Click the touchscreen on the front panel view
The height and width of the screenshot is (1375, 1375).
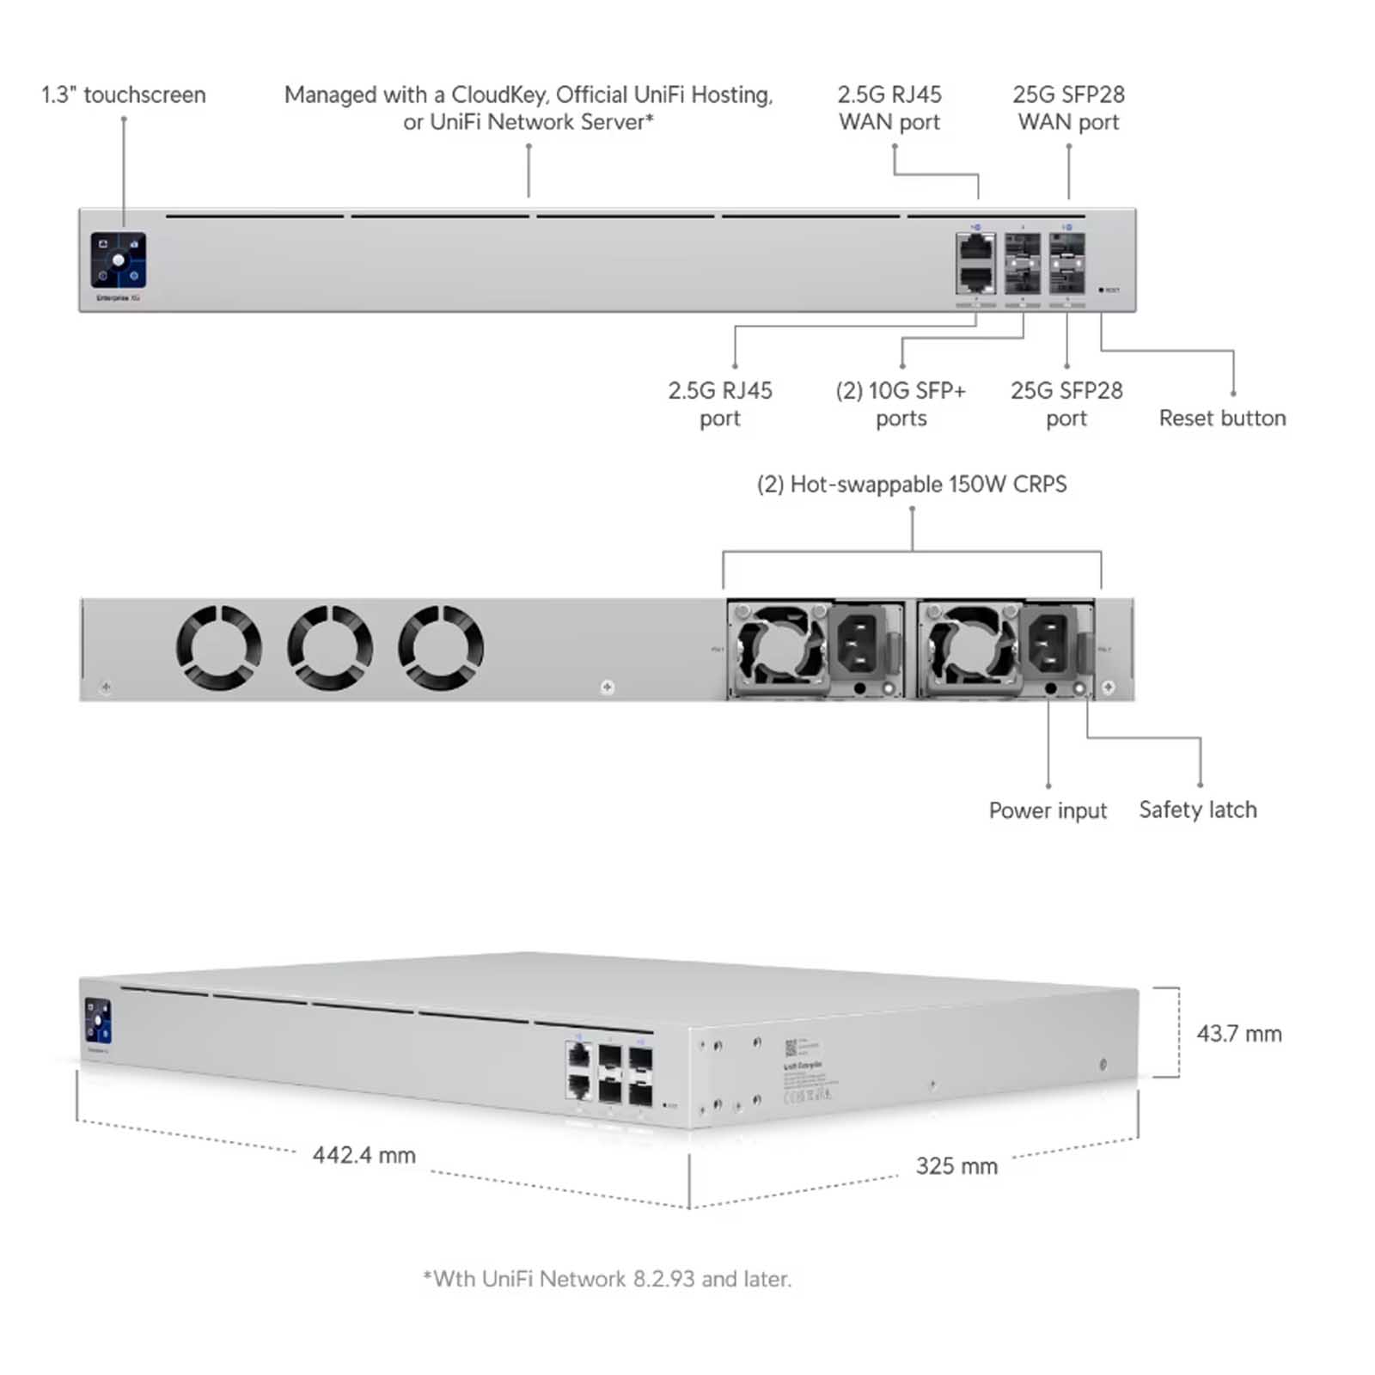[119, 260]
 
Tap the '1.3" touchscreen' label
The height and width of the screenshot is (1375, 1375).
[124, 95]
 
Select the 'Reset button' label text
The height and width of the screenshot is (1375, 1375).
[1222, 419]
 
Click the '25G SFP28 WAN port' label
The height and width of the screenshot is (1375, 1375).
[1068, 108]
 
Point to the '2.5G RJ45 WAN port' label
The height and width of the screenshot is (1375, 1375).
[889, 108]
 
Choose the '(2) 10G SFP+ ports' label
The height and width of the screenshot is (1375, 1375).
[901, 404]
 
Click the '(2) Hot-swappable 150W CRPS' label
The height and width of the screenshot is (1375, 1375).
[911, 485]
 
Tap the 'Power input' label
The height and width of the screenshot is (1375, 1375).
[1048, 810]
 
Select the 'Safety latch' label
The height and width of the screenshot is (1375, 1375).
[1197, 810]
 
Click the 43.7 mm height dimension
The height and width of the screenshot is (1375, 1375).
[1238, 1034]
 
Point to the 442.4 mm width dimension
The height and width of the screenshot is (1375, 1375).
[364, 1155]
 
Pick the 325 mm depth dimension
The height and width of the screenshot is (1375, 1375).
[956, 1166]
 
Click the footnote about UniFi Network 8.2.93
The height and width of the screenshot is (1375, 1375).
[607, 1279]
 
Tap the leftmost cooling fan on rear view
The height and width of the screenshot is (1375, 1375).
[218, 647]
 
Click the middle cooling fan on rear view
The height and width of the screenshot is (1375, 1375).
[330, 647]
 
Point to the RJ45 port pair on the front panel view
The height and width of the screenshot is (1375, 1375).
[975, 263]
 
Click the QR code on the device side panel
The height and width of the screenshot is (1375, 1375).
[791, 1048]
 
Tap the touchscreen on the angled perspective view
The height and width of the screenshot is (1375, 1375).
[98, 1020]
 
